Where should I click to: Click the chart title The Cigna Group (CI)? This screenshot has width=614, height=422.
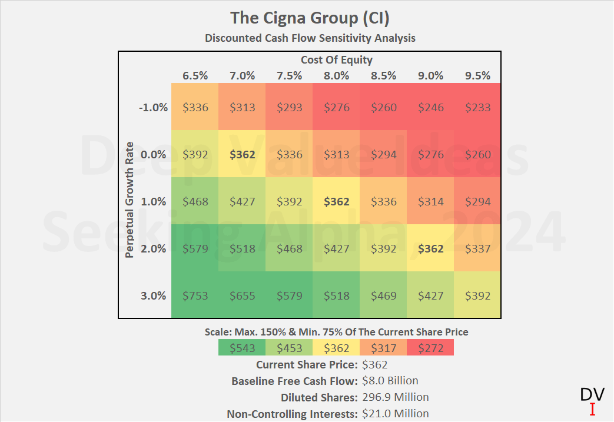click(x=310, y=18)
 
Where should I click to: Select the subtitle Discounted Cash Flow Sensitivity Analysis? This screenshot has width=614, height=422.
click(x=310, y=38)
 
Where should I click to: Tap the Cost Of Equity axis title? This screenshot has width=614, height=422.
click(x=336, y=59)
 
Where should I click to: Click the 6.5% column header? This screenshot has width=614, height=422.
click(x=195, y=75)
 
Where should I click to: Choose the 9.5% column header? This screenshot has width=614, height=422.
click(x=477, y=75)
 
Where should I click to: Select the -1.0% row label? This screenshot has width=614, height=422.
click(x=154, y=108)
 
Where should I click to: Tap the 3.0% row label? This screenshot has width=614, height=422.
click(x=154, y=295)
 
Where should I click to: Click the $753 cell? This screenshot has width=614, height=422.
click(x=195, y=295)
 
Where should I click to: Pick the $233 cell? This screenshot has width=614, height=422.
click(x=477, y=108)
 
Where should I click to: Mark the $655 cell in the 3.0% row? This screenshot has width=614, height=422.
click(x=242, y=295)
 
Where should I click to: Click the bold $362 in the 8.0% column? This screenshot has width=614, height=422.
click(x=336, y=201)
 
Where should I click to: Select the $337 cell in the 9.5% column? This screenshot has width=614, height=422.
click(x=477, y=248)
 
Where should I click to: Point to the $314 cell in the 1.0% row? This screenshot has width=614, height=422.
click(x=430, y=201)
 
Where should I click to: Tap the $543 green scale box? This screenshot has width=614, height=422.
click(x=242, y=348)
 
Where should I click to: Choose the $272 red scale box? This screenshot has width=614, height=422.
click(x=430, y=348)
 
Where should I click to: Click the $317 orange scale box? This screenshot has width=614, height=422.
click(x=383, y=348)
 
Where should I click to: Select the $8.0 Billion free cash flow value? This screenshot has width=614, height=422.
click(x=390, y=381)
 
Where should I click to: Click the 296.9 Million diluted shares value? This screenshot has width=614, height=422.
click(x=396, y=397)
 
